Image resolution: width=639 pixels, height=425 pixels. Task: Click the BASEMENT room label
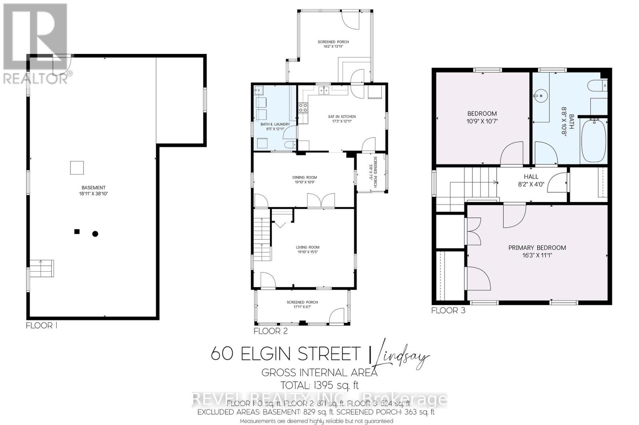[x=93, y=188]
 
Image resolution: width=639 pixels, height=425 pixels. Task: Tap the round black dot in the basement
[x=95, y=234]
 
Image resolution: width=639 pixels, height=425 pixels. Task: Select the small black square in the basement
[x=77, y=231]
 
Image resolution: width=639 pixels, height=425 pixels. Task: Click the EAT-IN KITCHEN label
[x=342, y=117]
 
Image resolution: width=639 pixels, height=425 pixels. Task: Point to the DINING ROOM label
[x=304, y=177]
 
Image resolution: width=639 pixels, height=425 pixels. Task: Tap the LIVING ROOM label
[x=308, y=247]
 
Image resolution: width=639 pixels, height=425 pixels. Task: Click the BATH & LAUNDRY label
[x=275, y=124]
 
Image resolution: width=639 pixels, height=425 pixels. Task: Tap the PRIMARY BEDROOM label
[x=537, y=248]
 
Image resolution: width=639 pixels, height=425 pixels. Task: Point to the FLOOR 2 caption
[x=270, y=331]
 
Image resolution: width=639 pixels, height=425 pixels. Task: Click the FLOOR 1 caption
[x=42, y=326]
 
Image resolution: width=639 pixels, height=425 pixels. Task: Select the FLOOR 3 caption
[x=448, y=310]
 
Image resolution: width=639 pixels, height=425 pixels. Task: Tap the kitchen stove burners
[x=303, y=107]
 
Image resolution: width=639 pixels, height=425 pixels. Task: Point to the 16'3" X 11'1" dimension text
[x=537, y=256]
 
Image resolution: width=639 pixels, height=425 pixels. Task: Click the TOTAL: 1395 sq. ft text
[x=319, y=385]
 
